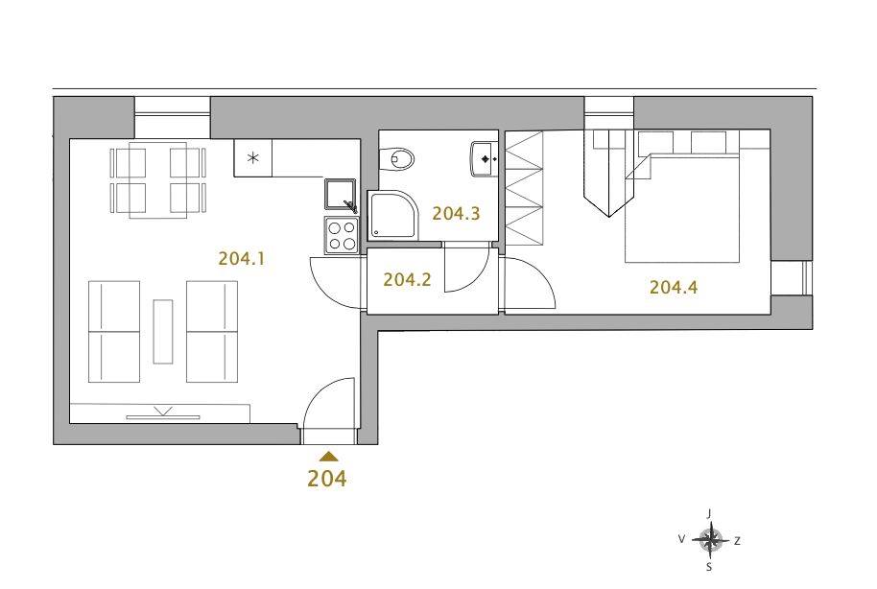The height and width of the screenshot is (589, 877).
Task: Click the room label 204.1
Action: [x=241, y=258]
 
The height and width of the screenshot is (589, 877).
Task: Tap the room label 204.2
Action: [x=407, y=280]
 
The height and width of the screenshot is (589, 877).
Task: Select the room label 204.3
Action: [x=456, y=213]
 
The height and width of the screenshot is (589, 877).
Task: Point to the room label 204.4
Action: [x=674, y=288]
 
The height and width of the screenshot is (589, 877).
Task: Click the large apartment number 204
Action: [x=326, y=479]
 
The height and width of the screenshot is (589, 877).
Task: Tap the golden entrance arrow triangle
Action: [x=328, y=456]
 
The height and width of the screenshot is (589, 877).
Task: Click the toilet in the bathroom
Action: [x=396, y=159]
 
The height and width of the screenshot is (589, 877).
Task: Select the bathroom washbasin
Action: [x=484, y=159]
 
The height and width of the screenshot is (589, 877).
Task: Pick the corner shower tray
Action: [x=392, y=215]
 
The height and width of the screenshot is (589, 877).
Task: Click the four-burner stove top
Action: [x=342, y=235]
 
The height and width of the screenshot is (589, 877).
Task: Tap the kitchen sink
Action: [x=340, y=195]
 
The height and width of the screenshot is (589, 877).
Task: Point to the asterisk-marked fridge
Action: [x=252, y=158]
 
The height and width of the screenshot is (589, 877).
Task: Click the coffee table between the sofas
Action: [x=163, y=332]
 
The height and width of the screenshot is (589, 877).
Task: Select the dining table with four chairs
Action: [x=157, y=180]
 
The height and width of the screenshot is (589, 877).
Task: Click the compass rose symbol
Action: [x=710, y=540]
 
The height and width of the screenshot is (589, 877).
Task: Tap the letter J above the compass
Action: [x=709, y=513]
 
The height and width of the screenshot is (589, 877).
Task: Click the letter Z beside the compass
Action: [x=737, y=541]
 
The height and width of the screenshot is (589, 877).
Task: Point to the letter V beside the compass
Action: [x=681, y=539]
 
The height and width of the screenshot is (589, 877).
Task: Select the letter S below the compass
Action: [x=709, y=567]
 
